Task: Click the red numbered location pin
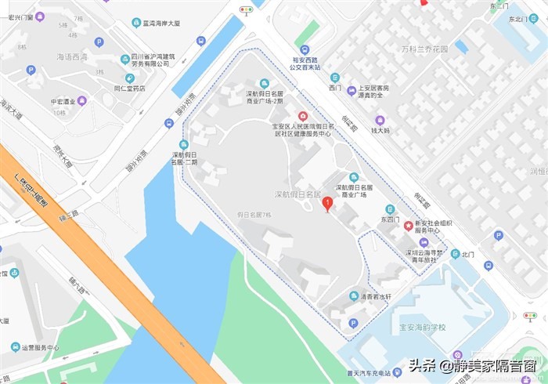click(327, 204)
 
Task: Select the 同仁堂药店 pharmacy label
click(129, 89)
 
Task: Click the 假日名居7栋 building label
click(254, 214)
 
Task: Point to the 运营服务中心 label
click(39, 347)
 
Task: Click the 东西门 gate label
click(390, 220)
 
